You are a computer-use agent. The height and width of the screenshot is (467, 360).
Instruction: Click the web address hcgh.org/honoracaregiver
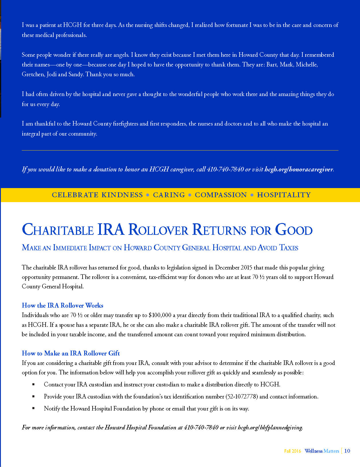(x=299, y=169)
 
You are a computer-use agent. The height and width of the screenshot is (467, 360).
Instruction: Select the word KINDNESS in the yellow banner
(x=122, y=195)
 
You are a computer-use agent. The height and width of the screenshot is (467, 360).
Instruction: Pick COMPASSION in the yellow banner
(x=221, y=195)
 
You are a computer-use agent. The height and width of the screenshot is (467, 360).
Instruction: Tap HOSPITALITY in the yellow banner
(x=284, y=195)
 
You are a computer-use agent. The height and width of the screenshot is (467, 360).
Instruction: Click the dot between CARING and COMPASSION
(x=190, y=195)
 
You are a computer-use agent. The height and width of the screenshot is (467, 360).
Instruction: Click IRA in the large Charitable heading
(x=111, y=230)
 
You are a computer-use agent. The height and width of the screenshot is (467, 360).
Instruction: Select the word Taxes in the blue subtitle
(x=289, y=248)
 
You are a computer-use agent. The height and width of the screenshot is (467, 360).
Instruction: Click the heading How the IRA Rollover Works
(x=62, y=306)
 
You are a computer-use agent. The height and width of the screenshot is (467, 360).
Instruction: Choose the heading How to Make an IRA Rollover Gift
(x=71, y=353)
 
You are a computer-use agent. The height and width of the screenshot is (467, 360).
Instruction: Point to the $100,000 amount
(x=160, y=315)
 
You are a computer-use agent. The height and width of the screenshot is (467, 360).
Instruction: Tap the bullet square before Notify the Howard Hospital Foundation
(x=34, y=409)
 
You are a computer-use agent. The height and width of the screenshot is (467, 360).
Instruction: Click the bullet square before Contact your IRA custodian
(x=34, y=384)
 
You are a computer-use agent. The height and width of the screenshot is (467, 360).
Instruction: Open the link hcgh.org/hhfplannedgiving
(x=270, y=428)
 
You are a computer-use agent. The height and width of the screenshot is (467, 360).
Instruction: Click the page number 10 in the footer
(x=347, y=451)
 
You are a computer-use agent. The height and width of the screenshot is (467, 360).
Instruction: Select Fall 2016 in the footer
(x=292, y=451)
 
